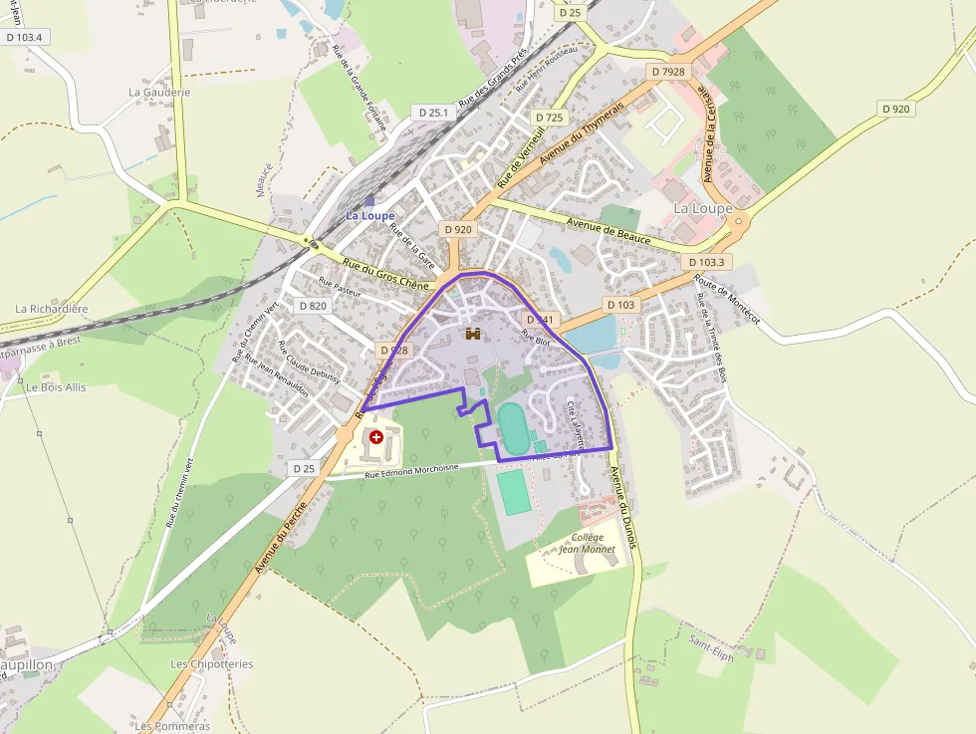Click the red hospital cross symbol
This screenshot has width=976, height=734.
coord(375,436)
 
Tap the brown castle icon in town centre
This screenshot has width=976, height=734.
coord(474,335)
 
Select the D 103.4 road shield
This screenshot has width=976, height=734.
coord(25,37)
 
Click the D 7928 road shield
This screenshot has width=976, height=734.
coord(667,72)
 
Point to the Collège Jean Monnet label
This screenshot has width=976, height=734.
coord(587,543)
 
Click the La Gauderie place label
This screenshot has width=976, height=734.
coord(159,92)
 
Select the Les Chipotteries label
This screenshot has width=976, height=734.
coord(211,663)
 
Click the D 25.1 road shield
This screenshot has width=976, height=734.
coord(434,113)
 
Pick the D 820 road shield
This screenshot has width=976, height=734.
coord(313,306)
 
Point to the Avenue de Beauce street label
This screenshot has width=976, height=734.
coord(608,231)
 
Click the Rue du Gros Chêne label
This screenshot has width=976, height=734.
coord(384,273)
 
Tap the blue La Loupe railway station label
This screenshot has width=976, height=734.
coord(369,215)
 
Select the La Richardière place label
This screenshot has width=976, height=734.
coord(52,309)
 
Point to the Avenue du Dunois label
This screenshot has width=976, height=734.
coord(622,507)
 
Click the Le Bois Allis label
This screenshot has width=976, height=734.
coord(56,386)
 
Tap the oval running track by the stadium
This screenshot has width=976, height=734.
coord(514,429)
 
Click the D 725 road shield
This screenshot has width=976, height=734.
coord(549,118)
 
